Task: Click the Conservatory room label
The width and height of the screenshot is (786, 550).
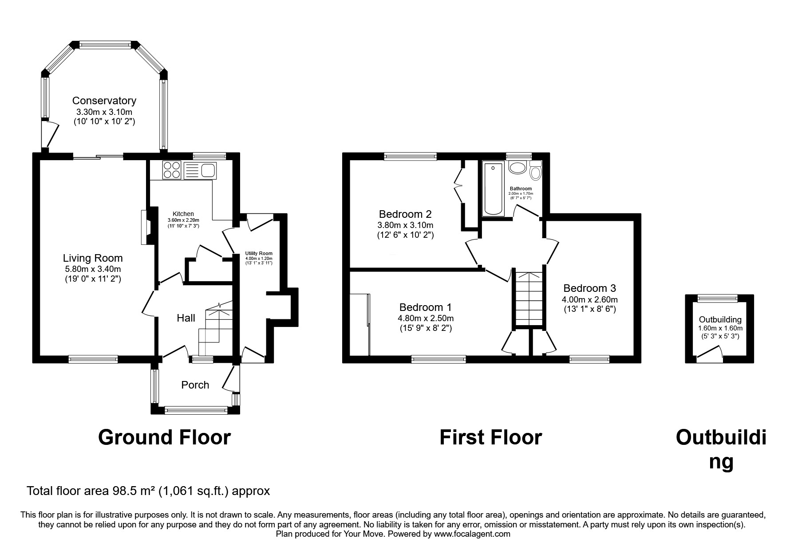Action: (x=104, y=101)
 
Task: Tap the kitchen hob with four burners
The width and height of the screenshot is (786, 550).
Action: (x=172, y=169)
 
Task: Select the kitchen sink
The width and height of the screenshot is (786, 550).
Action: (x=208, y=169)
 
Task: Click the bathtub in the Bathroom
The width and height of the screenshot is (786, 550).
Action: (x=493, y=189)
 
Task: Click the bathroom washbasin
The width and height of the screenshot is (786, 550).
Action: (x=517, y=168)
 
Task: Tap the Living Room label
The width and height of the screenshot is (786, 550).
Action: (x=92, y=258)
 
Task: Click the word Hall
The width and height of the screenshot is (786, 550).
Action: (x=186, y=318)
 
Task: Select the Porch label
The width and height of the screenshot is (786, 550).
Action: (x=195, y=385)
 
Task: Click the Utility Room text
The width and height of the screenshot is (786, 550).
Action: (x=259, y=254)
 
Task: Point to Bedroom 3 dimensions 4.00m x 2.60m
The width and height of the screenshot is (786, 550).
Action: (x=590, y=300)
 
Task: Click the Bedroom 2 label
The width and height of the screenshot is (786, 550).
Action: (x=405, y=214)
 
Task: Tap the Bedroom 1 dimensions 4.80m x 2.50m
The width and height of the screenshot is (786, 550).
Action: (x=426, y=318)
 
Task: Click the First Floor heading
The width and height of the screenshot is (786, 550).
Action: (x=490, y=437)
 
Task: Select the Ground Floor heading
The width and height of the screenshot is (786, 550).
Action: (x=164, y=437)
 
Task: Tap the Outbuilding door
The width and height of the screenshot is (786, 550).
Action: (x=709, y=354)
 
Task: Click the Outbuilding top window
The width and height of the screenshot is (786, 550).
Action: (x=717, y=299)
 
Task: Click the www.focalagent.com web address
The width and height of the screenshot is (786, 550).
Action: (x=472, y=534)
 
